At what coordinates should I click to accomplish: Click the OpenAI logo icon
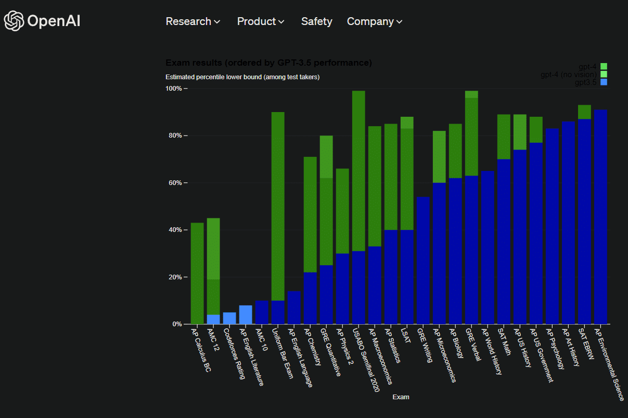point(14,21)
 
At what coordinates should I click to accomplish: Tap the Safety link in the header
point(316,21)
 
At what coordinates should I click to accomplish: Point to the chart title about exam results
point(268,63)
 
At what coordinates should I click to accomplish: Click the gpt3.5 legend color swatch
point(604,82)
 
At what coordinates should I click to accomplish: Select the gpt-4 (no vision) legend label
point(569,75)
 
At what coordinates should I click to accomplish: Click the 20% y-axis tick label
point(174,277)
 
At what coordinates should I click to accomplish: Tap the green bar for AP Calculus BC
point(197,273)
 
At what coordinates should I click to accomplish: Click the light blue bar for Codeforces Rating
point(229,318)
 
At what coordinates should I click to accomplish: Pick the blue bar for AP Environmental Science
point(600,216)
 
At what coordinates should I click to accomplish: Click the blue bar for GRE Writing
point(423,260)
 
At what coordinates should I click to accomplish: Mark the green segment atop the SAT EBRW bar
point(584,112)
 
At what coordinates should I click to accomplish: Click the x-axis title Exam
point(401,397)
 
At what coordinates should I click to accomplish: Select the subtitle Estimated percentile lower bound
point(242,77)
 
